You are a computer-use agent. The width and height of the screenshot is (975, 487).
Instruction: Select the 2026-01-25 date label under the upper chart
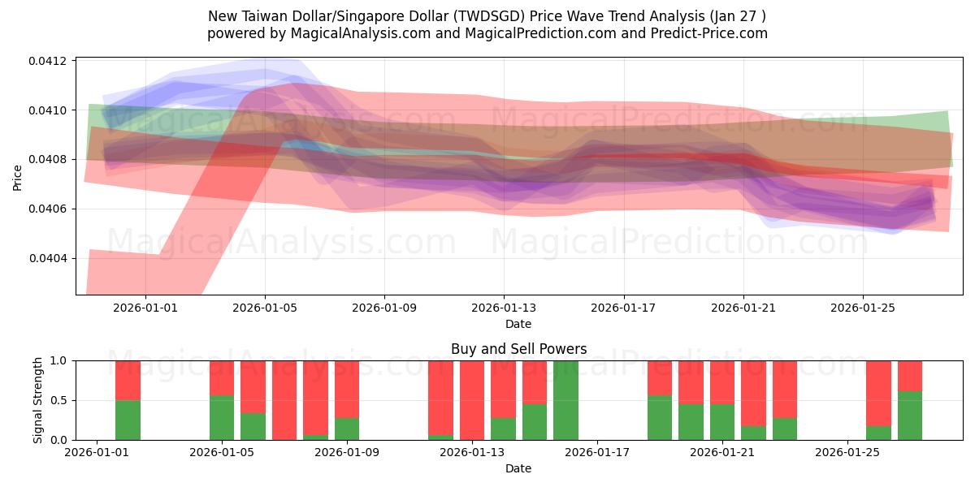coord(862,308)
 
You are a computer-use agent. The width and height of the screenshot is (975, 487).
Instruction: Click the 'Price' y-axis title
coord(18,177)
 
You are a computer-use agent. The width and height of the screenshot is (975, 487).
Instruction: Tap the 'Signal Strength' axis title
coord(38,400)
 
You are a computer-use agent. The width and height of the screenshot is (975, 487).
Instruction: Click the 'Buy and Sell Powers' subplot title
coord(518,350)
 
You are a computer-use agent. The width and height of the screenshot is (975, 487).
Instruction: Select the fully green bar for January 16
coord(565,400)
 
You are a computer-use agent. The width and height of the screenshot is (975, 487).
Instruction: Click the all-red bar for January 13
coord(472,400)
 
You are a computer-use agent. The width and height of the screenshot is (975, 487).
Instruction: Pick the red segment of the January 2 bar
coord(128,380)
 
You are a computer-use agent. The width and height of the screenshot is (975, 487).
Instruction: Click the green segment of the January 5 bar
coord(222,417)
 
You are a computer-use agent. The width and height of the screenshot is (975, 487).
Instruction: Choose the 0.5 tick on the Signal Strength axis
coord(59,400)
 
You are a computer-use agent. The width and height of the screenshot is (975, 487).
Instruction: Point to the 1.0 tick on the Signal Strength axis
coord(59,360)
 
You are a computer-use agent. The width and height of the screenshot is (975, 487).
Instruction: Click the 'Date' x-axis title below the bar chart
coord(518,468)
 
